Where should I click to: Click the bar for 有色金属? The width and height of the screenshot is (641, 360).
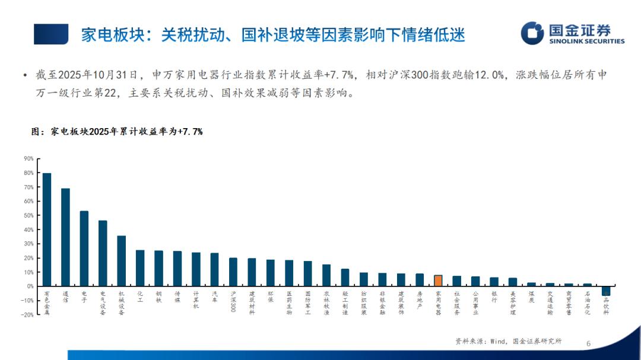click(47, 230)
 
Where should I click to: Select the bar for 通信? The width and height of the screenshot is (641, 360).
click(65, 237)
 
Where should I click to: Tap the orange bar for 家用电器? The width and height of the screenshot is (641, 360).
click(438, 281)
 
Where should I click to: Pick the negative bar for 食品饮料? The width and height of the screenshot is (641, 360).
click(606, 291)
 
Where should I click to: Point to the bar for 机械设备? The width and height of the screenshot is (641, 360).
click(121, 261)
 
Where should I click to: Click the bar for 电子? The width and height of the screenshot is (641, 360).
click(84, 249)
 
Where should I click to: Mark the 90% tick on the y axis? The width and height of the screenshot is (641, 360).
click(28, 159)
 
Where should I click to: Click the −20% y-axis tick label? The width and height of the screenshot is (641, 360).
click(27, 315)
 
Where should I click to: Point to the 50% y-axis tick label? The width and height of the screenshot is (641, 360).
click(28, 215)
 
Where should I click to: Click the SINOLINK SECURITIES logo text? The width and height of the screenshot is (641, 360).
click(587, 42)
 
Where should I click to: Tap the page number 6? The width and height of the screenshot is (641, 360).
click(588, 343)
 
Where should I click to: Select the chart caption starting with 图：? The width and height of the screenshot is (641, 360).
click(116, 132)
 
